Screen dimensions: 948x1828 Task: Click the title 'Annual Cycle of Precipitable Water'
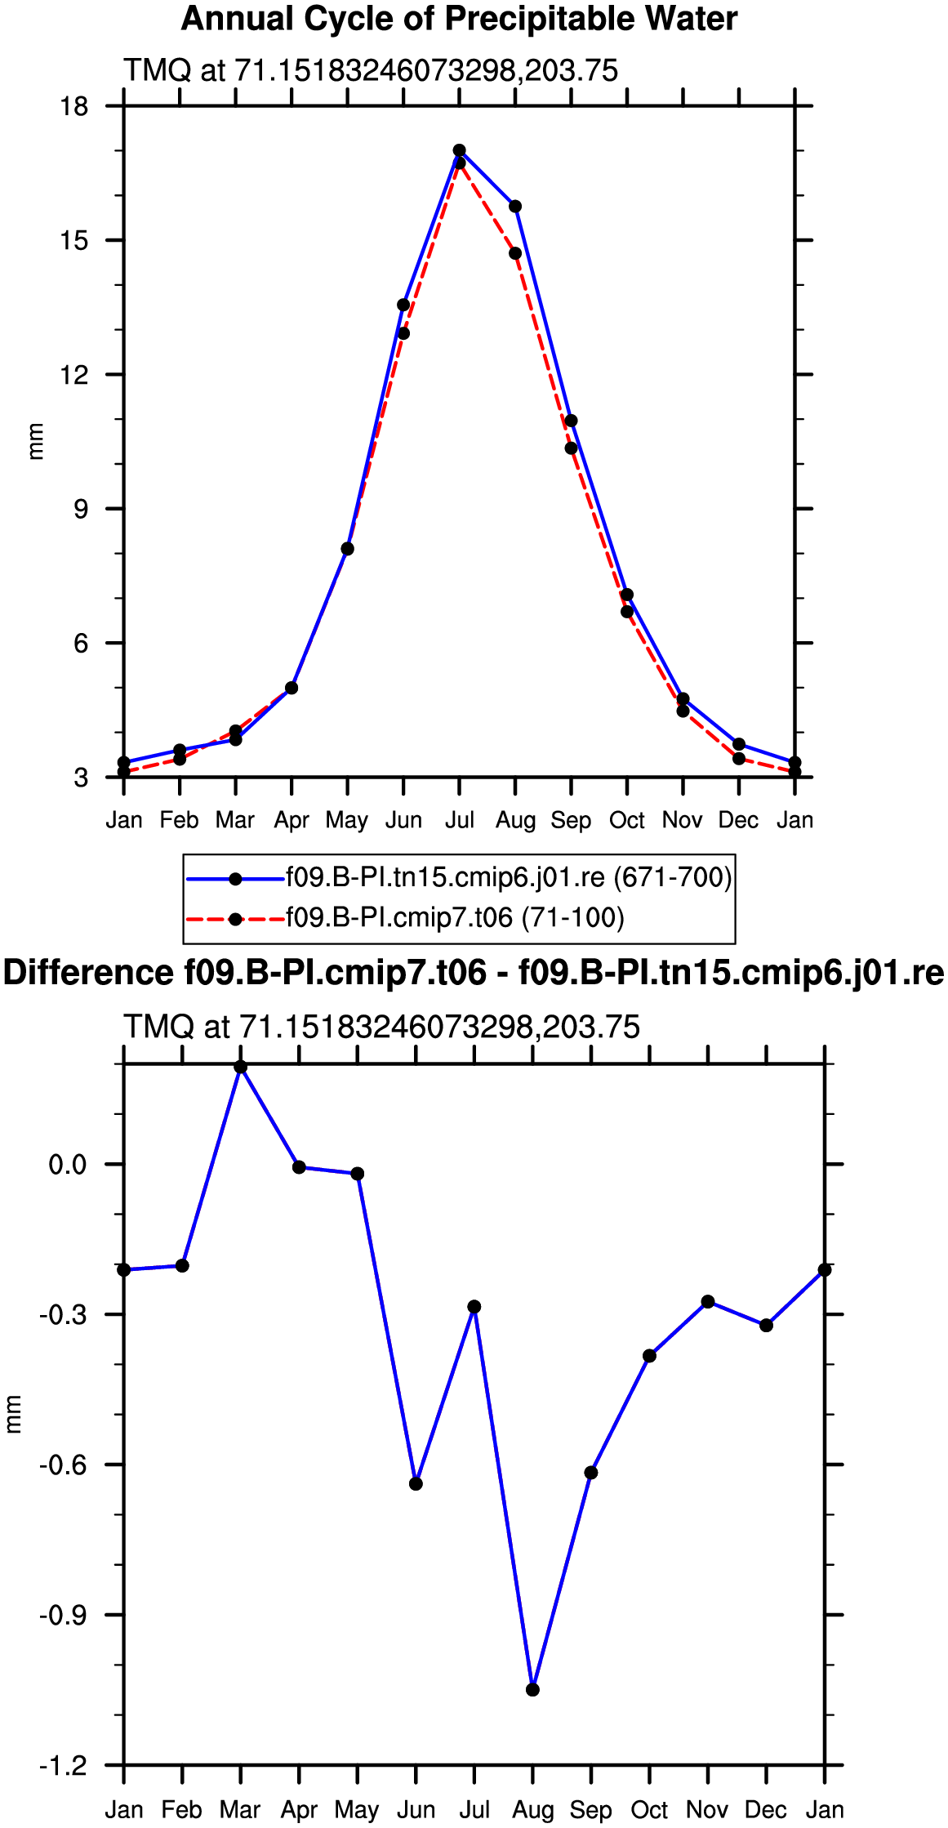(x=459, y=19)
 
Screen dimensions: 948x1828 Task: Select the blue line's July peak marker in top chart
(x=460, y=150)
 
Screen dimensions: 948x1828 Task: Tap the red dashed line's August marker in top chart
(x=515, y=253)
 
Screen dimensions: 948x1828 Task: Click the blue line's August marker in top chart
(x=515, y=207)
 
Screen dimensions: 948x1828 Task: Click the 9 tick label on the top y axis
(x=81, y=510)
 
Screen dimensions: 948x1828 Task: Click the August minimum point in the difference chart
(x=532, y=1690)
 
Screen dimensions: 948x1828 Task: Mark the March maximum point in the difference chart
(x=241, y=1067)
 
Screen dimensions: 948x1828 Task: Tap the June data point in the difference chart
(x=416, y=1484)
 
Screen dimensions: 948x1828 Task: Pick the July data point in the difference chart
(x=474, y=1307)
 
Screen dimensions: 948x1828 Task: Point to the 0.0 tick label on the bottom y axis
(x=68, y=1165)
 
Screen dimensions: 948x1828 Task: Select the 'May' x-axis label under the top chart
(x=347, y=820)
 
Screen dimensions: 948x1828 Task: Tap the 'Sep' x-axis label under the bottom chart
(x=591, y=1811)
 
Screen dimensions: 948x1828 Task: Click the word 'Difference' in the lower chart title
(x=88, y=973)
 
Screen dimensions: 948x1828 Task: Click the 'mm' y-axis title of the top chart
(x=36, y=442)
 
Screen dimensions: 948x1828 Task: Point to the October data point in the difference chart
(x=649, y=1356)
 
